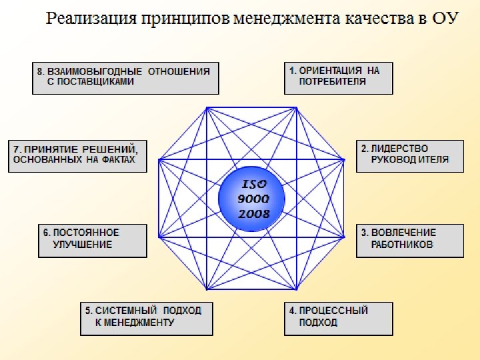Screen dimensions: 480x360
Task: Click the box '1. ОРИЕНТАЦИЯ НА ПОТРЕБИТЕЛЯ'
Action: (x=339, y=78)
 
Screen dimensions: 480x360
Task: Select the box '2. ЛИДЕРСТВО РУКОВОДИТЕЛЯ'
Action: (x=409, y=155)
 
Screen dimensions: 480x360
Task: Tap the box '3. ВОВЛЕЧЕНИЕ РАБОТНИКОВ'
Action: (x=409, y=241)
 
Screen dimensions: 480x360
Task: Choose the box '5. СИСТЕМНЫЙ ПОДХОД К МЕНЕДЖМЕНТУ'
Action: (x=147, y=319)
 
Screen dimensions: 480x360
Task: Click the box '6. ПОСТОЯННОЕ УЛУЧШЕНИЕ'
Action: (x=92, y=241)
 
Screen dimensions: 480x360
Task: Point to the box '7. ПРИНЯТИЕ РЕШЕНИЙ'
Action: (x=78, y=155)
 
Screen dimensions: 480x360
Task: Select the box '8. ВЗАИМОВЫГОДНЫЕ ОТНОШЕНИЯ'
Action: (x=125, y=78)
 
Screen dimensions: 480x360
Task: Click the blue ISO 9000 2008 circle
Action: (x=252, y=199)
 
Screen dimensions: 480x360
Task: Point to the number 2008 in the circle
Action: (x=253, y=213)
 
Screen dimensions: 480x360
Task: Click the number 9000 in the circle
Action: (x=253, y=199)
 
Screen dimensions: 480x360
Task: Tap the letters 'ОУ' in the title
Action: (x=446, y=18)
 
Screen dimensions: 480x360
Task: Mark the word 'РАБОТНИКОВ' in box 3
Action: (x=403, y=245)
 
